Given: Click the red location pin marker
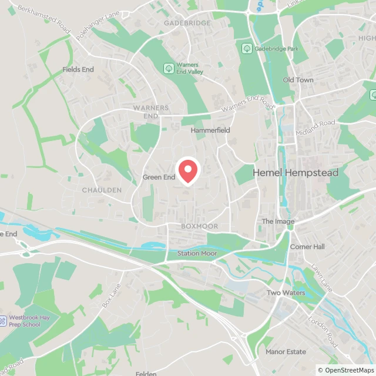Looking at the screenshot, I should (188, 171).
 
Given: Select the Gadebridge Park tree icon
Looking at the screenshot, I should (247, 48).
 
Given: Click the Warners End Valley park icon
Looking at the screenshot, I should (169, 68).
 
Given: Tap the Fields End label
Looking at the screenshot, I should (78, 69).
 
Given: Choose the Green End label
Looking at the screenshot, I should (159, 177).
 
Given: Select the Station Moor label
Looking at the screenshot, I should (197, 254).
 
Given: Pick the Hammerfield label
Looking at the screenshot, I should (210, 130).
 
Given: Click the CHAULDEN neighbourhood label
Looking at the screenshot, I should (102, 190).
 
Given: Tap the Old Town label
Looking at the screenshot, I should (298, 80).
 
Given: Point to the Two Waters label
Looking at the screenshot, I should (286, 293).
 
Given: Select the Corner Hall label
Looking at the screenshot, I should (307, 247).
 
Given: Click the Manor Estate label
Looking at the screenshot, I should (286, 352).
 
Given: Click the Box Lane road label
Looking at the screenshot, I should (110, 297).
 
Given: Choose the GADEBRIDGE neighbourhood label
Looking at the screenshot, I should (187, 23).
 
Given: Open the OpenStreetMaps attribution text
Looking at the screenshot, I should (345, 370).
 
